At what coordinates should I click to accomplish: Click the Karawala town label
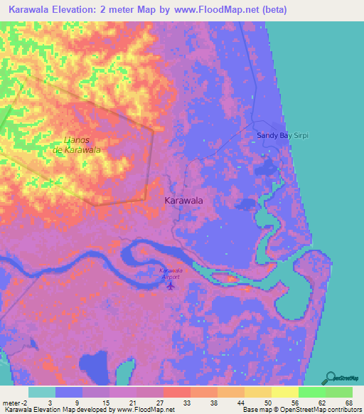(x=183, y=201)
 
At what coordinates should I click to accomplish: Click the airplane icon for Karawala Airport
(x=171, y=286)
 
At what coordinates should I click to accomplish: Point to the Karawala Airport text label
(x=171, y=273)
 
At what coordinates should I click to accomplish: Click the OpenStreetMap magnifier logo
(x=331, y=376)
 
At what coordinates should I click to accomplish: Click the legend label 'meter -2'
(x=14, y=402)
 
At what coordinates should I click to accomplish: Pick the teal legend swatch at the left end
(x=42, y=392)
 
